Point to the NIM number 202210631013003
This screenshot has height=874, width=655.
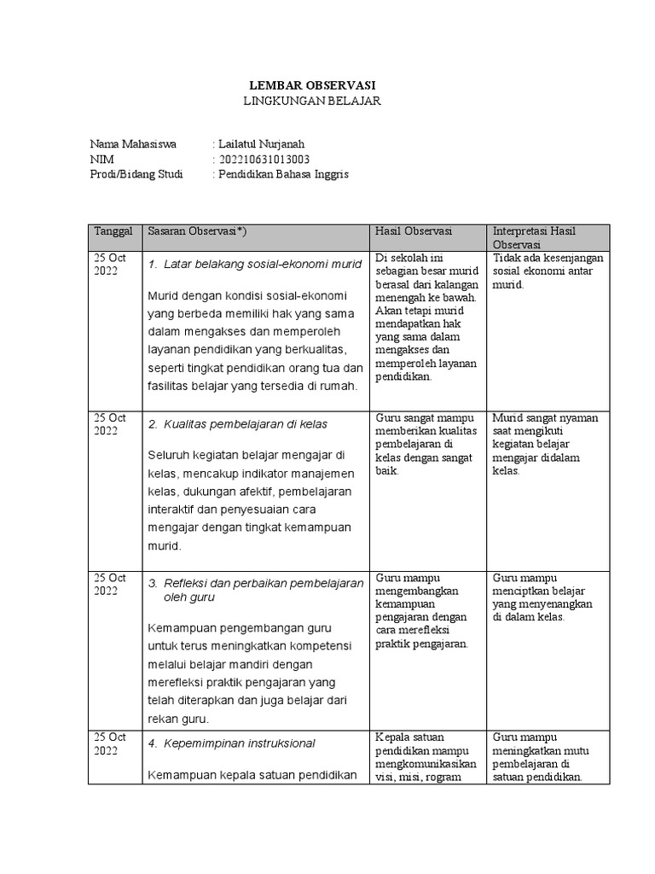(x=264, y=159)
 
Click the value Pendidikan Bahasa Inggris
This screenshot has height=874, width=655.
(x=283, y=174)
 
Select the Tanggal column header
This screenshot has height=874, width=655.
(x=113, y=232)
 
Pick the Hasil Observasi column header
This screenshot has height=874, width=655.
(x=413, y=232)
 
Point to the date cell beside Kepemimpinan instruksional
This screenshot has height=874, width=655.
(x=110, y=743)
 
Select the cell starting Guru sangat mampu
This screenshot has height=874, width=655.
(x=425, y=444)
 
